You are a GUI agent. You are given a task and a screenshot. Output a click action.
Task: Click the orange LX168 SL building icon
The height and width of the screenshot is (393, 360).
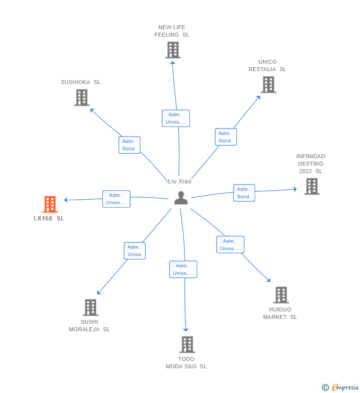[50, 204]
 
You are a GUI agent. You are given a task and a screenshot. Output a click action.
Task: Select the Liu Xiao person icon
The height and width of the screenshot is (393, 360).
[181, 198]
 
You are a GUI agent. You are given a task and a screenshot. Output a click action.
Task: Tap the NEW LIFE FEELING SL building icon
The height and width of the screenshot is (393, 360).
[173, 50]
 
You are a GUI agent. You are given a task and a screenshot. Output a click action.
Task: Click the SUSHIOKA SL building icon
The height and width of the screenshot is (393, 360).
[82, 97]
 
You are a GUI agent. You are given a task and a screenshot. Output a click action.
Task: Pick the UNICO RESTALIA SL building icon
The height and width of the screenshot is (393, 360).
[268, 85]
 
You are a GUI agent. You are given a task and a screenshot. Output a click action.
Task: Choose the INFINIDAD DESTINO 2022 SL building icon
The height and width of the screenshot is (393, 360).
[312, 186]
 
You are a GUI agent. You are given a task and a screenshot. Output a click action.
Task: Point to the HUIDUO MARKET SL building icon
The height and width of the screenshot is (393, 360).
[281, 295]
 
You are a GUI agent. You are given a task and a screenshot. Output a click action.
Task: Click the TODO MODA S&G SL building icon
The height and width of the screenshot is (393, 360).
[187, 345]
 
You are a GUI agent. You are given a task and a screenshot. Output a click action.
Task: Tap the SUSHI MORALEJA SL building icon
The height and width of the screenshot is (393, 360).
[90, 307]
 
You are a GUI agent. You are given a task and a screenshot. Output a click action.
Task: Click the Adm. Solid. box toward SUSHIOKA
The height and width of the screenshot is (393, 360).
[130, 145]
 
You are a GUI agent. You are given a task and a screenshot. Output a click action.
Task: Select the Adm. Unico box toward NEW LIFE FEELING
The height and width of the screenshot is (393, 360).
[176, 118]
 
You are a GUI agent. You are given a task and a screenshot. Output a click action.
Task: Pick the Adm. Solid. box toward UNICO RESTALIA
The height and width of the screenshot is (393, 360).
[225, 137]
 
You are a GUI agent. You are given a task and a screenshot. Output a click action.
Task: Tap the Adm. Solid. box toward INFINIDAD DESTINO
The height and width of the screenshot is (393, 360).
[244, 193]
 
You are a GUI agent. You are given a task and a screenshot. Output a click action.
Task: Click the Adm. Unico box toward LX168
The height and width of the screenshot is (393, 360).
[116, 199]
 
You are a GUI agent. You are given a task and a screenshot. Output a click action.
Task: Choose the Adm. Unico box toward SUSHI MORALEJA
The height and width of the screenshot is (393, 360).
[135, 251]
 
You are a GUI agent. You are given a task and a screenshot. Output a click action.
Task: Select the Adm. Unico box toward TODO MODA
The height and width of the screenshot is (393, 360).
[183, 269]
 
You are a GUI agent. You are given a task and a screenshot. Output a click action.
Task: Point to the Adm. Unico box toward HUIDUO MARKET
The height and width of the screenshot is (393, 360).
[230, 245]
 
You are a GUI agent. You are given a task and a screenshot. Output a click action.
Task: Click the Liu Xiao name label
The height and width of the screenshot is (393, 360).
[180, 181]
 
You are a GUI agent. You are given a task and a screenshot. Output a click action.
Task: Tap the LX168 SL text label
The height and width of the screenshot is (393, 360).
[49, 218]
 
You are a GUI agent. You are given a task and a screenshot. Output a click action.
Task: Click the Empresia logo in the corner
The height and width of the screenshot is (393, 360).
[341, 387]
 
